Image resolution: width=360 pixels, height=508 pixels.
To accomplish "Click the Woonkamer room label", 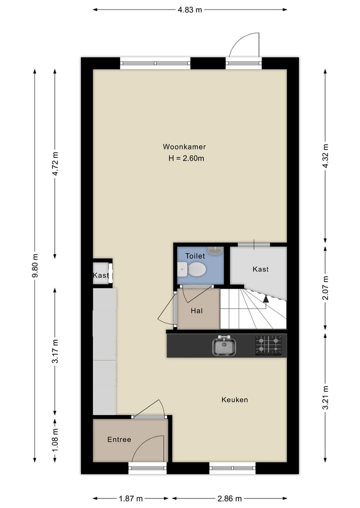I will click(184, 147).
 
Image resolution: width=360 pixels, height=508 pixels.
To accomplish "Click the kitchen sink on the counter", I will click(224, 346).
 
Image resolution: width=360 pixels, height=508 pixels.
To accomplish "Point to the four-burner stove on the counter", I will click(268, 345).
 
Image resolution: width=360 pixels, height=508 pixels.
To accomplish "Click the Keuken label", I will click(234, 400).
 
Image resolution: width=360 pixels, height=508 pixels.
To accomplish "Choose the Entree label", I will click(119, 440).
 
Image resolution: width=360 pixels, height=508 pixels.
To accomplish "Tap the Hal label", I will click(196, 311).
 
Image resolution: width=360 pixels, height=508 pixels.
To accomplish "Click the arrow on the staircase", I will click(265, 299).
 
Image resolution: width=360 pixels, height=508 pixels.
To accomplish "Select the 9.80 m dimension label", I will click(34, 264).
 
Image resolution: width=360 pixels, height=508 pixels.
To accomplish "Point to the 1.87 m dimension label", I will click(130, 499).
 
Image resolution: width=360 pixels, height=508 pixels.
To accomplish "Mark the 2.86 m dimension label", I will click(229, 499).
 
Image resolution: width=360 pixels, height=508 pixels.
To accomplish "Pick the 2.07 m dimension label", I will click(325, 288).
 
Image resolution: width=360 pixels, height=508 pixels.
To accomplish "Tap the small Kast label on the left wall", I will click(100, 276).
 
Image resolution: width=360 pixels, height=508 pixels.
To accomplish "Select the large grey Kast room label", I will click(260, 269).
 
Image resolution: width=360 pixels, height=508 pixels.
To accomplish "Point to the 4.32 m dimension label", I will click(325, 156).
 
